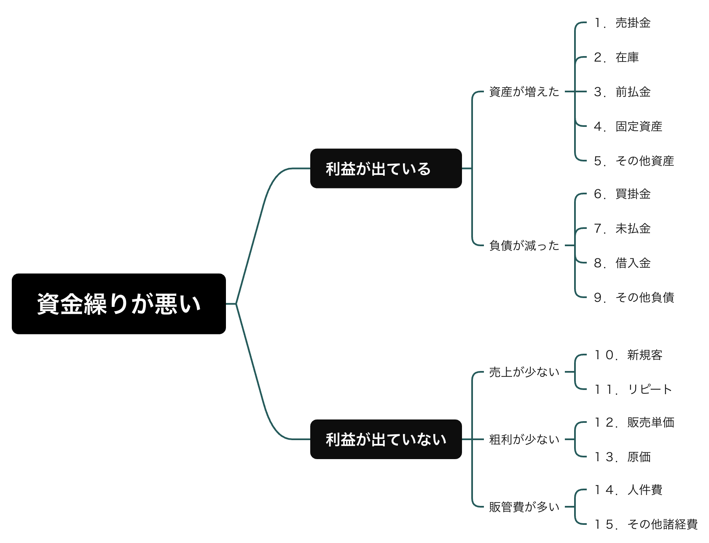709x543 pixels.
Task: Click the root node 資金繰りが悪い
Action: pyautogui.click(x=119, y=304)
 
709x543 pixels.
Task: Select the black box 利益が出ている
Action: pyautogui.click(x=386, y=168)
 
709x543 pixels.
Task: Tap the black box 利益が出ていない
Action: pyautogui.click(x=386, y=439)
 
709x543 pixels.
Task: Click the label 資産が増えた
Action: pyautogui.click(x=524, y=91)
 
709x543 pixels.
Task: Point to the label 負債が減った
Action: pyautogui.click(x=524, y=245)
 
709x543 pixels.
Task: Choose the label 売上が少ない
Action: pyautogui.click(x=524, y=372)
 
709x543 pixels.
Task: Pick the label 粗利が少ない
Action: pyautogui.click(x=524, y=439)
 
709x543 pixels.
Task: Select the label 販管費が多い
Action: pyautogui.click(x=524, y=507)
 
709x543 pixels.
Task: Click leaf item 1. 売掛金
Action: pyautogui.click(x=622, y=23)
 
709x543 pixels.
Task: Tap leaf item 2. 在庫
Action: pyautogui.click(x=616, y=57)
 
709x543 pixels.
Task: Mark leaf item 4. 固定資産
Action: pyautogui.click(x=628, y=126)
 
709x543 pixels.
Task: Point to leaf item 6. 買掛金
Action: pyautogui.click(x=622, y=194)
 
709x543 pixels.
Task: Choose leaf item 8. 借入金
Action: pyautogui.click(x=622, y=263)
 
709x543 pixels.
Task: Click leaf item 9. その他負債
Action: pyautogui.click(x=634, y=298)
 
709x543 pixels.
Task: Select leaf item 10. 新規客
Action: pyautogui.click(x=628, y=355)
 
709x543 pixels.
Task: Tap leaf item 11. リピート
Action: pyautogui.click(x=633, y=389)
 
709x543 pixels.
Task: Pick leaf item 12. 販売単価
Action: pyautogui.click(x=634, y=422)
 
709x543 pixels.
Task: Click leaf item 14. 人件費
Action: pyautogui.click(x=628, y=490)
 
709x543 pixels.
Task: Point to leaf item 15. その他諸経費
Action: pyautogui.click(x=646, y=524)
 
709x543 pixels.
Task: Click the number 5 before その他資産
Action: pyautogui.click(x=598, y=161)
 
